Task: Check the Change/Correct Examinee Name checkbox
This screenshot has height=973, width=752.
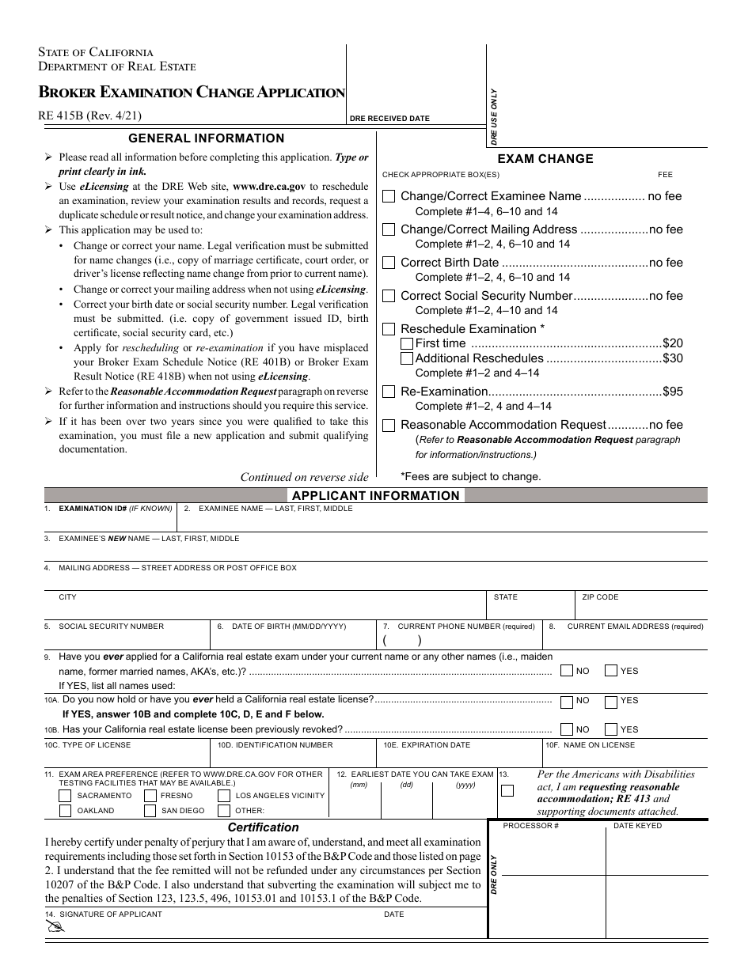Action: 389,197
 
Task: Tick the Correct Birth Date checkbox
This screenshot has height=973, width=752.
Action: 389,263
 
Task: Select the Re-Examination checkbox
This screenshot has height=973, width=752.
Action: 389,392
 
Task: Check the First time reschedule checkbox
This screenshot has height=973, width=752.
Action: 407,343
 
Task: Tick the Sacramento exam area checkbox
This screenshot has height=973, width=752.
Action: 66,796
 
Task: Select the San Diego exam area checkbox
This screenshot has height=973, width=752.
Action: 150,811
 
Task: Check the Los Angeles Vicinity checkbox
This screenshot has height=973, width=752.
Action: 224,796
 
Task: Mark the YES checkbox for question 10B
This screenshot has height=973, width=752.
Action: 610,729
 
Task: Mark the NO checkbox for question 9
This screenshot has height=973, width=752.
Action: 567,671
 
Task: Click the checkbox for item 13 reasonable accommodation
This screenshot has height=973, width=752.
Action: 507,790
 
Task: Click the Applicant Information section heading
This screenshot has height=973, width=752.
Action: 376,496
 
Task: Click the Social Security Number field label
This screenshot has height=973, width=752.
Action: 111,627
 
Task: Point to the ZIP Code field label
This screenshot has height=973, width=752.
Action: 600,597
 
